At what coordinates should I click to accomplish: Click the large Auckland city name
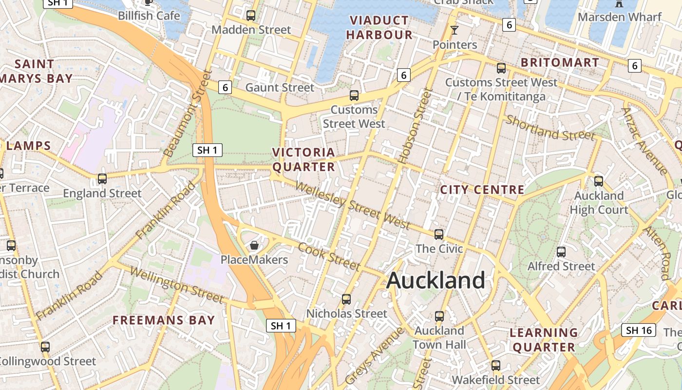point(436,281)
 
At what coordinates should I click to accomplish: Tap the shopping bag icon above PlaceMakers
point(254,245)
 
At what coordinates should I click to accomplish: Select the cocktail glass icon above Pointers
point(455,30)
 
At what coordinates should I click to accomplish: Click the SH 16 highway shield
point(639,330)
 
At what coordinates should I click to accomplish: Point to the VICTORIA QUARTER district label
point(303,160)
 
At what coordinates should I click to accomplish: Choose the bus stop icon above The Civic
point(439,234)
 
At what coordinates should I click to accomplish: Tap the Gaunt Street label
point(280,88)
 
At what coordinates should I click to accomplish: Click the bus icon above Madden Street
point(251,15)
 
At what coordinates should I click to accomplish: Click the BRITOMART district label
point(560,62)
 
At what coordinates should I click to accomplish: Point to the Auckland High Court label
point(599,203)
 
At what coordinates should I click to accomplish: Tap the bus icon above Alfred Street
point(561,252)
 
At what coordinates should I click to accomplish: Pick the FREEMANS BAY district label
point(164,320)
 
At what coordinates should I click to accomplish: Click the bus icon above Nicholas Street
point(346,299)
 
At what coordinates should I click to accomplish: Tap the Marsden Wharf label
point(620,17)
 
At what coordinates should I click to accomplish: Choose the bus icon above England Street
point(102,178)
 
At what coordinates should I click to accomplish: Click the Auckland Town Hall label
point(439,337)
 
